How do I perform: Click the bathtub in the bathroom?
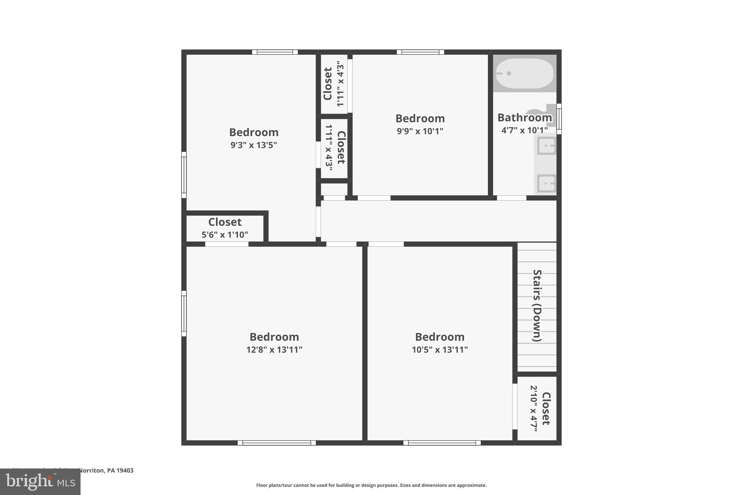524,74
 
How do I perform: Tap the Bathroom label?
524,117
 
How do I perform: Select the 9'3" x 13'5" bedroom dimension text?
254,145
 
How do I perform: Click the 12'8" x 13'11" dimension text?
274,350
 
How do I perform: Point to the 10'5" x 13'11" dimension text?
440,350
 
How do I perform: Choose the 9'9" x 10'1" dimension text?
420,131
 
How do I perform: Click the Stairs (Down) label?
537,305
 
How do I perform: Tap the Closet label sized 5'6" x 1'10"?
225,222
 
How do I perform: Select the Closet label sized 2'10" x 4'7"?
546,408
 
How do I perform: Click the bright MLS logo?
40,482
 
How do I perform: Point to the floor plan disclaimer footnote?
371,485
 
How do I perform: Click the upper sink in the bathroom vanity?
546,146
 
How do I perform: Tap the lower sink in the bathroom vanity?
546,183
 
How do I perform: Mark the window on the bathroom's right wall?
559,119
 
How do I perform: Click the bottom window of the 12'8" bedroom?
276,443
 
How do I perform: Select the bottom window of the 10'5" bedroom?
442,443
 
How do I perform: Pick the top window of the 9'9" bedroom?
420,52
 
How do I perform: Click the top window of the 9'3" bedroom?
275,52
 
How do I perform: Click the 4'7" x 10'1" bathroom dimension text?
524,130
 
